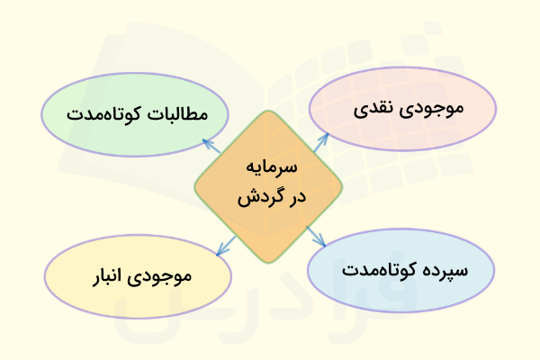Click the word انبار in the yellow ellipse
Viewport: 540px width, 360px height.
(115, 275)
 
